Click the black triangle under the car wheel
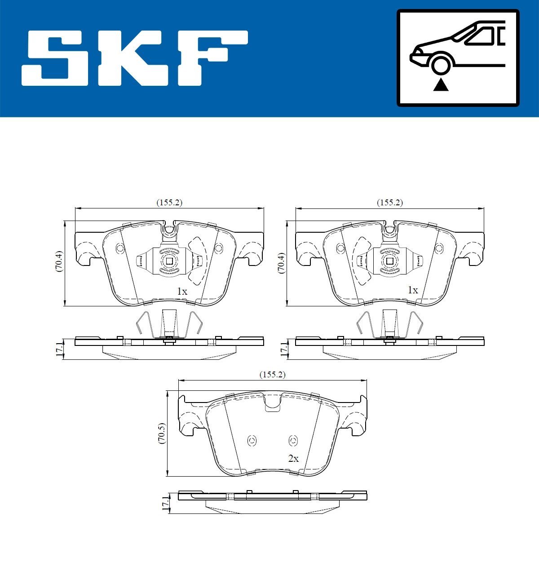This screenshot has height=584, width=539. coord(441,84)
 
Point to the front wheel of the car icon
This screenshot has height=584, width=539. coord(440,64)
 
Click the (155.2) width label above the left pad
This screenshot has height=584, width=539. coord(169,203)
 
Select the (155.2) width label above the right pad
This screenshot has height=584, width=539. coord(389,203)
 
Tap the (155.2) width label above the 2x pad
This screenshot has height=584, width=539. coord(272,375)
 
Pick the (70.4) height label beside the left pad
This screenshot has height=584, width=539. coord(58,261)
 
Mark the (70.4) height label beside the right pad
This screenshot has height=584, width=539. coord(280,263)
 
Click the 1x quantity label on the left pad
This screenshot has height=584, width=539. coord(182,292)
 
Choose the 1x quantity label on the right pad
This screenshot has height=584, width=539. coord(412,290)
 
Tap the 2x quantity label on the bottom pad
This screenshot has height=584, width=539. coord(293,459)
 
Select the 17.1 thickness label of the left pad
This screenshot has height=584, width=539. coord(59,349)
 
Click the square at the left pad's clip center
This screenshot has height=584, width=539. coord(169,261)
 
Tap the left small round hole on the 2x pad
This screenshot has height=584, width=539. coord(252,441)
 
